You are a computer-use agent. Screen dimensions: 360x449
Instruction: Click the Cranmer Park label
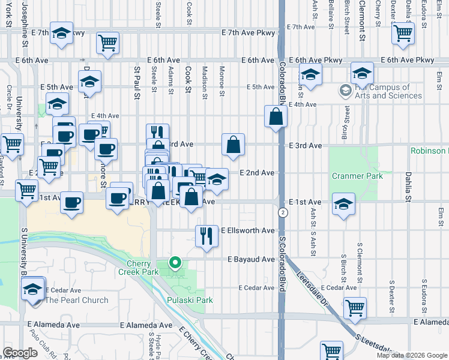pos(357,176)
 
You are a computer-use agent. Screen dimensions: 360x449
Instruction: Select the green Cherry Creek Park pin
pos(175,262)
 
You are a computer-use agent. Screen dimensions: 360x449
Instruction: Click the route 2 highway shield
pos(282,213)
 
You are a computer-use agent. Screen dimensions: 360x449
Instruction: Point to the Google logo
pos(20,353)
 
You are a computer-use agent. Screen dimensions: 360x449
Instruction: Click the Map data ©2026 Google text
pos(411,355)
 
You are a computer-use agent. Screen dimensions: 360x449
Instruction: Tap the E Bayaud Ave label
pos(251,259)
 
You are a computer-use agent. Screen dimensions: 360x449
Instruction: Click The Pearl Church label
pos(77,300)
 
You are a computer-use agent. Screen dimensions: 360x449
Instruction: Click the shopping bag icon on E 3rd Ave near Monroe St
pos(233,144)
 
